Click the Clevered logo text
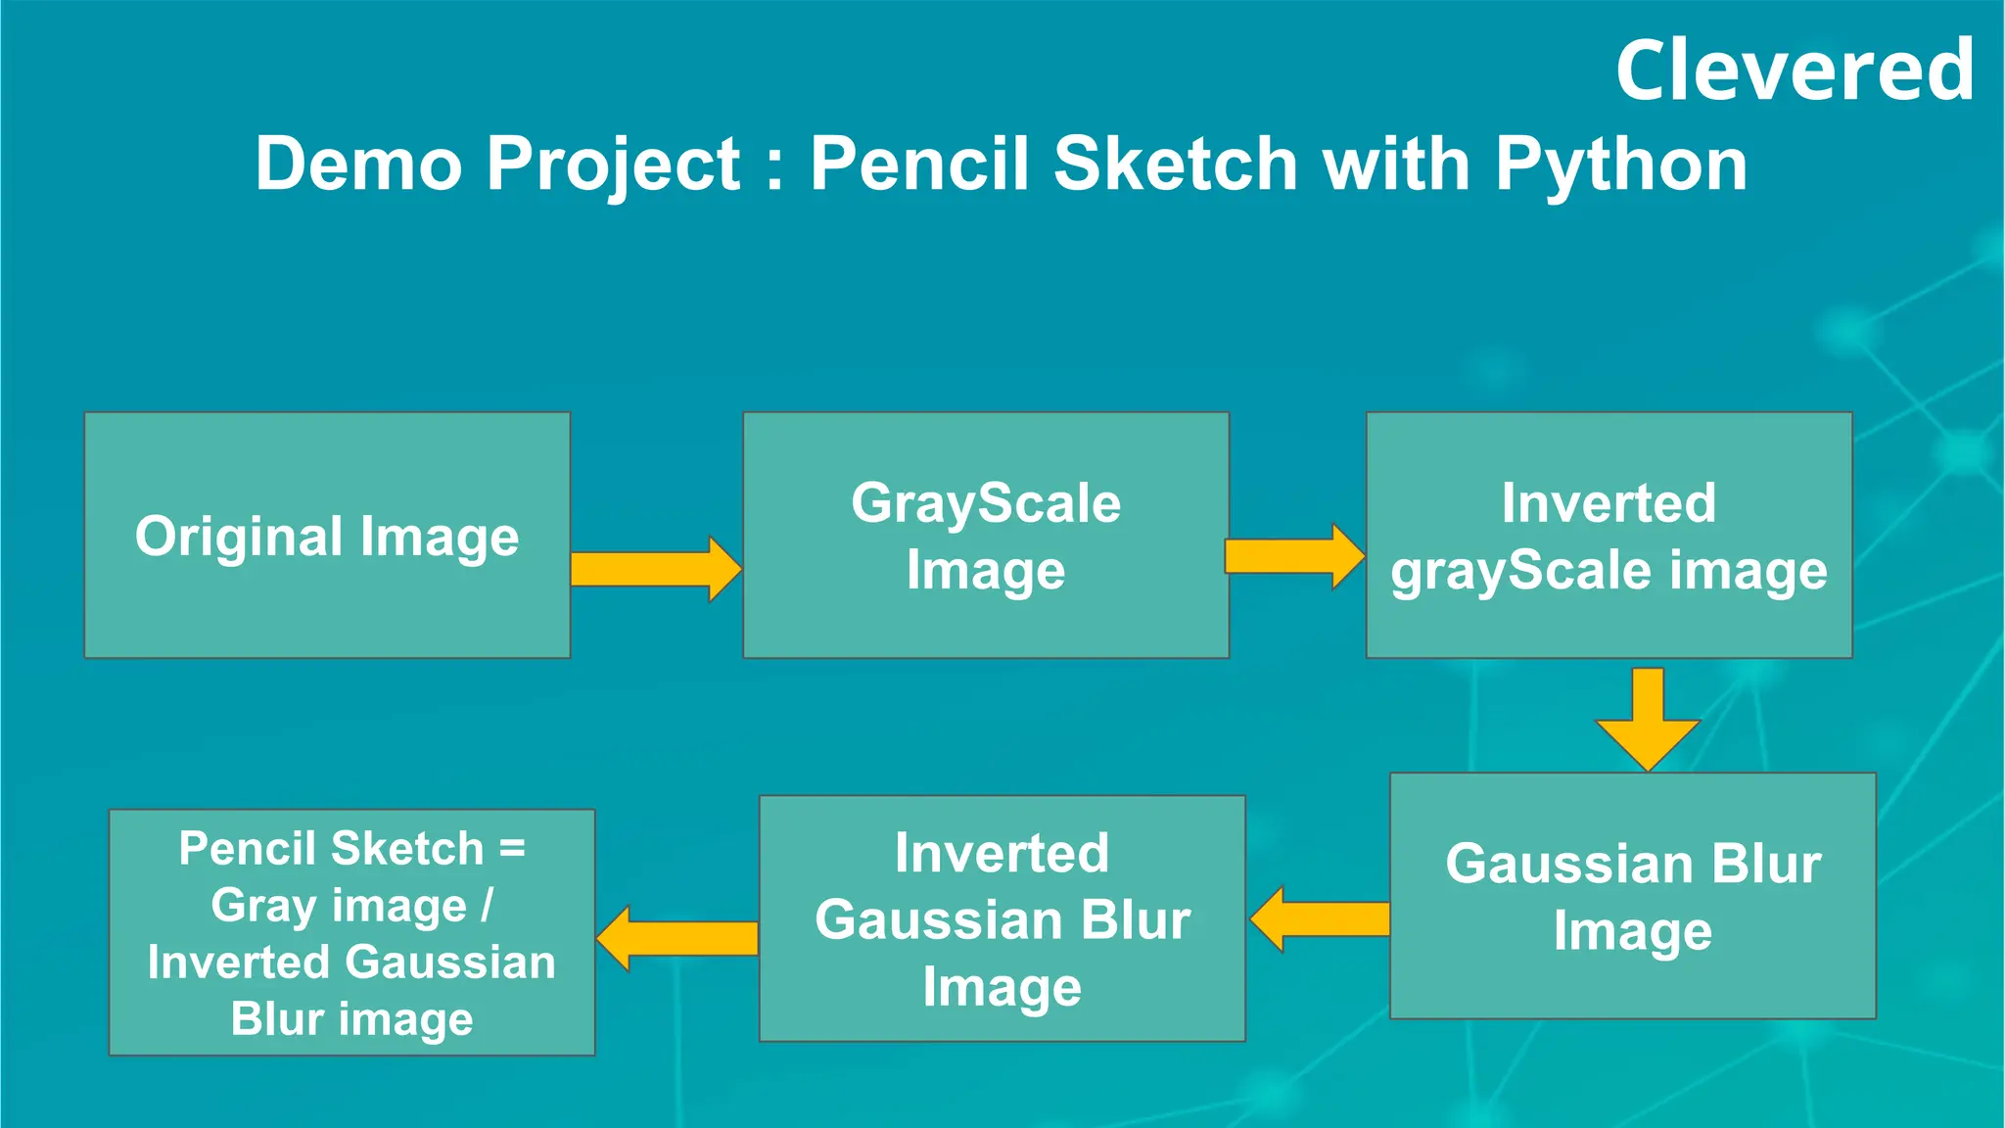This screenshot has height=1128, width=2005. tap(1794, 70)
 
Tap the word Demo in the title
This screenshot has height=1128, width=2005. tap(357, 164)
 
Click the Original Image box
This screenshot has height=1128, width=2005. tap(327, 535)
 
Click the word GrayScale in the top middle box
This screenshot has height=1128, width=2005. tap(985, 503)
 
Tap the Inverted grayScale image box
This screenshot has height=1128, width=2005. tap(1609, 535)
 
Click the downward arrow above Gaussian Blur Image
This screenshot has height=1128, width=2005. tap(1648, 720)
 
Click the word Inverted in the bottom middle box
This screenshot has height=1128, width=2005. tap(1002, 853)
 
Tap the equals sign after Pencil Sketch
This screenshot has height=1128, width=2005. tap(512, 848)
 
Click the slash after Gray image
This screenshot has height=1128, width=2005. tap(487, 905)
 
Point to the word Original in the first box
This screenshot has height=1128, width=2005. tap(239, 537)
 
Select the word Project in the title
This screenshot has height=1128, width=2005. tap(614, 164)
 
